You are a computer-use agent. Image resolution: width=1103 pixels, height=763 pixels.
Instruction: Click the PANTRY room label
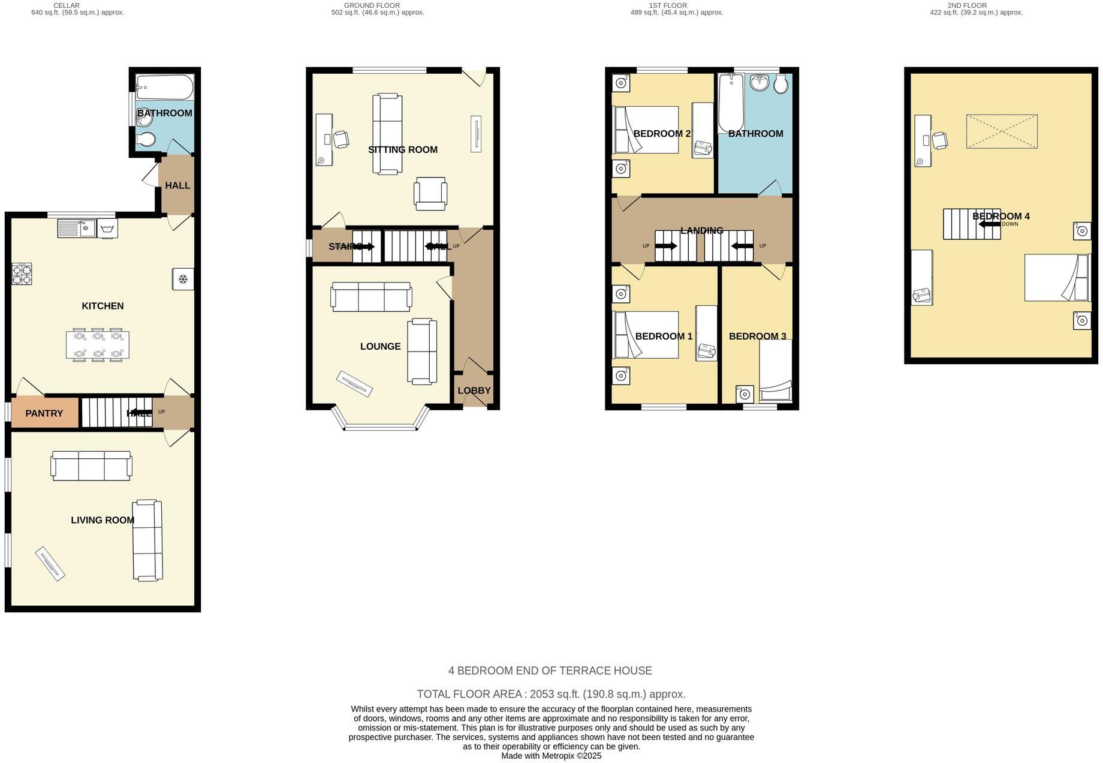(x=44, y=413)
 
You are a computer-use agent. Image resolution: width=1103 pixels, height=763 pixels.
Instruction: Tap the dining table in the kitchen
(x=97, y=346)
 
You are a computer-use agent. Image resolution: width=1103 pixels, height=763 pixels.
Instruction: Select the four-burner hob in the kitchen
(x=22, y=274)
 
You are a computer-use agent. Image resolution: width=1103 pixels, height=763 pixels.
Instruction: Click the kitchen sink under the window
(x=77, y=228)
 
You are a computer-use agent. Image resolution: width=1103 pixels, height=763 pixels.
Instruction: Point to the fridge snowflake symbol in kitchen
(x=183, y=279)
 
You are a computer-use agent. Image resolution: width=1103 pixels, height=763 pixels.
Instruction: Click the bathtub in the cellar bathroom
(x=164, y=88)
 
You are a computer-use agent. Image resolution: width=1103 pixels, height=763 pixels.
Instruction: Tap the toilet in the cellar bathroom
(x=145, y=140)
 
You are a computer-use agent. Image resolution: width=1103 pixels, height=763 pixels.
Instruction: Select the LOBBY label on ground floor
(x=474, y=390)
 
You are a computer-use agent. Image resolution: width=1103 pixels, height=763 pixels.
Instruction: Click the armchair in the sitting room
(x=430, y=194)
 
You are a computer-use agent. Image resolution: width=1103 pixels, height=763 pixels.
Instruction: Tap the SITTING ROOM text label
(x=402, y=149)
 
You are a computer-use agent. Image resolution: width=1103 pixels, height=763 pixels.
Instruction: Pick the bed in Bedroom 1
(x=646, y=335)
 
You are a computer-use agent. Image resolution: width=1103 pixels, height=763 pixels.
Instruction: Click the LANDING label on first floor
(x=701, y=230)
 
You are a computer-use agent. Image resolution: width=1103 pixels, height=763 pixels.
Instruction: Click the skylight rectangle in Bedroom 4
(x=1001, y=131)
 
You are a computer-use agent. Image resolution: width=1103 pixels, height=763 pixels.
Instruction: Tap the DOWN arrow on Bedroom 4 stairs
(x=990, y=224)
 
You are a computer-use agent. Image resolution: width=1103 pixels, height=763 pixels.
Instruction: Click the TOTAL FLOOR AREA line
(x=551, y=694)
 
